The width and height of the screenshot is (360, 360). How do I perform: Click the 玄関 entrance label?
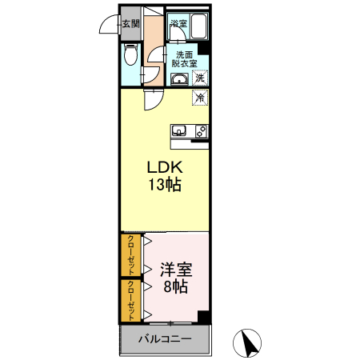(x=130, y=23)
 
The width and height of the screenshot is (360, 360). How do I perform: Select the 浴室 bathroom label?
(x=178, y=23)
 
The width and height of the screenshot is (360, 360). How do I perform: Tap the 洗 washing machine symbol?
(x=200, y=78)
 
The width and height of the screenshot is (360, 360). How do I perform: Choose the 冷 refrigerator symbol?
(x=200, y=97)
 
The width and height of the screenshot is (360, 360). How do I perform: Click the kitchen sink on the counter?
(x=178, y=130)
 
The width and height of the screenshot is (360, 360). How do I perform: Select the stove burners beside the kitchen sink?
(x=200, y=130)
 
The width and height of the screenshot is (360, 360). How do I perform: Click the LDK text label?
(x=164, y=168)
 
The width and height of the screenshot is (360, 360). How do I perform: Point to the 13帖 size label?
(x=164, y=185)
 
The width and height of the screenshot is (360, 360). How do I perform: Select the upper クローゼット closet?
(x=130, y=254)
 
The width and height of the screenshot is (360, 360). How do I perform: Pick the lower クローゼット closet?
(x=130, y=298)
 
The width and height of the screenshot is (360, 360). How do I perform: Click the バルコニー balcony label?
(x=164, y=339)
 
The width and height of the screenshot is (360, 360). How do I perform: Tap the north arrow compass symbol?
(x=249, y=342)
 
